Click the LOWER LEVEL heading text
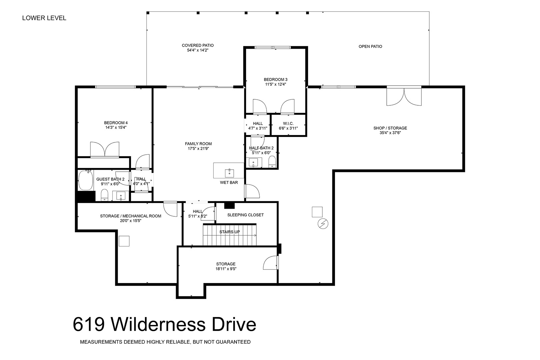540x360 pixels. [x=44, y=18]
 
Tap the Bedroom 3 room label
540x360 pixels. [x=276, y=80]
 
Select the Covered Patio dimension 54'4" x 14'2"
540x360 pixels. [x=198, y=50]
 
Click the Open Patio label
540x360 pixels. [x=370, y=47]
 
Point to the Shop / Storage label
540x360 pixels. [x=390, y=128]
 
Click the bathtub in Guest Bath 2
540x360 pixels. [x=86, y=181]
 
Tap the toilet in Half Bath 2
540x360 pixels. [x=272, y=162]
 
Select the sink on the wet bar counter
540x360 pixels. [x=229, y=173]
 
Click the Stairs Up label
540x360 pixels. [x=229, y=232]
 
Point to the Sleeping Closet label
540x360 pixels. [x=245, y=215]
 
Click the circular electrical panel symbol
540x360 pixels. [x=323, y=224]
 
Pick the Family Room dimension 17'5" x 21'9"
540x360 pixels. [x=198, y=149]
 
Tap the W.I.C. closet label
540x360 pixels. [x=288, y=123]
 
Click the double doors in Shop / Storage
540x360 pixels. [x=404, y=96]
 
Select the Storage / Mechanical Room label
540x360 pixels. [x=131, y=216]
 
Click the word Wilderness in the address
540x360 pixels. [x=158, y=325]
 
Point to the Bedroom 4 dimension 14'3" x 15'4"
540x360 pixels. [x=116, y=128]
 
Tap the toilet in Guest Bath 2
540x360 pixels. [x=104, y=195]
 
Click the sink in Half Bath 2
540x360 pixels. [x=253, y=163]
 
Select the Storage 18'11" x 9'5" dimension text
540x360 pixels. [x=226, y=269]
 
